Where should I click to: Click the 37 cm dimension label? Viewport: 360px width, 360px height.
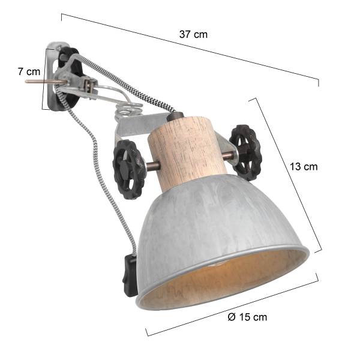(x=193, y=34)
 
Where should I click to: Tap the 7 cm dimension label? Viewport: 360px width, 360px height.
(x=29, y=71)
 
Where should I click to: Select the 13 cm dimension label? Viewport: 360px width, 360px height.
(x=302, y=167)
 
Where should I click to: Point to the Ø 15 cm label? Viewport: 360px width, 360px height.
(x=248, y=317)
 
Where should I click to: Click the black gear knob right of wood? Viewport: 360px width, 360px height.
(x=246, y=152)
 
